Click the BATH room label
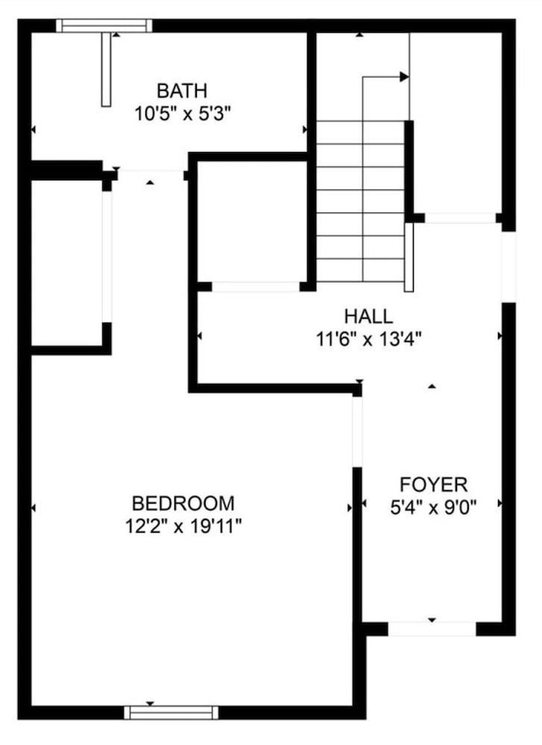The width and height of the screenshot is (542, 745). [x=182, y=90]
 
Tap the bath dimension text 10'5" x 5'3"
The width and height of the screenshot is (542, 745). [x=183, y=114]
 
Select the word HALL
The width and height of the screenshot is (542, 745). [x=368, y=317]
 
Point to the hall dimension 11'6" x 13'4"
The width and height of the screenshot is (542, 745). [x=368, y=339]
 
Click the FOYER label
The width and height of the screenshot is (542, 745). [x=434, y=485]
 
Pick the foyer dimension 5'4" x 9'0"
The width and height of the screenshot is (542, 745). [x=433, y=508]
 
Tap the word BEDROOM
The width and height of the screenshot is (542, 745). [x=183, y=503]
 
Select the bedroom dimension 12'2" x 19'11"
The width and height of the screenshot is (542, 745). [x=183, y=527]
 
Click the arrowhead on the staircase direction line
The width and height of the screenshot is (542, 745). [x=404, y=77]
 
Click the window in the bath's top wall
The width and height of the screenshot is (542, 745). [x=104, y=25]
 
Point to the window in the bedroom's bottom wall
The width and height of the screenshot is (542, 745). [x=171, y=713]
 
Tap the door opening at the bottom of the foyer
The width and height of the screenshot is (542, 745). [x=432, y=629]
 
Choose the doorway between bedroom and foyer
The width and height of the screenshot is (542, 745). [x=358, y=431]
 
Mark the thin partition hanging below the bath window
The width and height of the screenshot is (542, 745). [x=106, y=69]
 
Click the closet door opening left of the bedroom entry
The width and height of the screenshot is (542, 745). [x=107, y=256]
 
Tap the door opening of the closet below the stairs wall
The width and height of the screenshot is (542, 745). [x=256, y=287]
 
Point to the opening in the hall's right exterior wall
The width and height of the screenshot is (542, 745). [x=508, y=267]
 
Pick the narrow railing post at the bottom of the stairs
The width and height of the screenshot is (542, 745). [x=409, y=257]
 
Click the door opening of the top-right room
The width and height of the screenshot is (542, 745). [x=460, y=218]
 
